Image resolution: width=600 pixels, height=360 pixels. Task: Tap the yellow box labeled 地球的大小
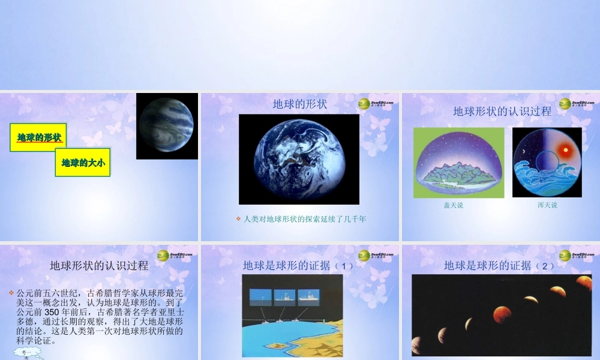83,162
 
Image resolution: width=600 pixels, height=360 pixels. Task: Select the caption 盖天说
453,205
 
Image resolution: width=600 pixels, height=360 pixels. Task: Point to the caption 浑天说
547,205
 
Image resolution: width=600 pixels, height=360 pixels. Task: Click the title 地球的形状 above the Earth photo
300,104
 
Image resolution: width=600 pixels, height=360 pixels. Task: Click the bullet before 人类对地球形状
238,219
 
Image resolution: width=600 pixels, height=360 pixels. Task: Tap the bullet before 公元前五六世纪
11,293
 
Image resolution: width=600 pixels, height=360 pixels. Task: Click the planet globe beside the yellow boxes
166,125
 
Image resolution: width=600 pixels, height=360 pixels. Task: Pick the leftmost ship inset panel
260,296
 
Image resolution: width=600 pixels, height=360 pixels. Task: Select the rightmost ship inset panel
308,296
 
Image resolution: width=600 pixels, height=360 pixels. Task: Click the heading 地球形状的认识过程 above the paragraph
98,265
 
